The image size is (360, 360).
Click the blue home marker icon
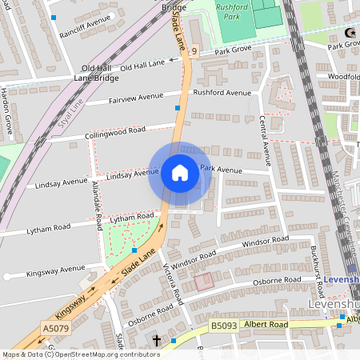[180, 173]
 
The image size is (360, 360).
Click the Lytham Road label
[132, 218]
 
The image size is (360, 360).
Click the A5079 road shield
[55, 328]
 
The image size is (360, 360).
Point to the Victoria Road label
[174, 283]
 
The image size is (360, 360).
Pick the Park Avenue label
[221, 169]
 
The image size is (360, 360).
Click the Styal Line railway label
[72, 103]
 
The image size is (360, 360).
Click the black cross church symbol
[156, 341]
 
